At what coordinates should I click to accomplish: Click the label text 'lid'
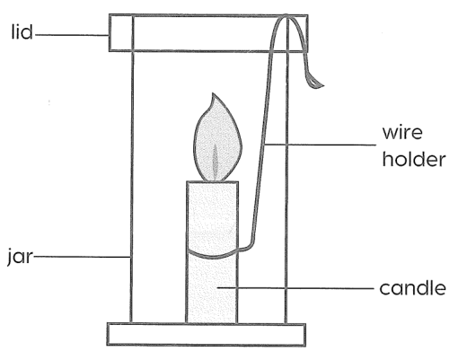pos(22,31)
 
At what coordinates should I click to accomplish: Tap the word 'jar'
pos(20,257)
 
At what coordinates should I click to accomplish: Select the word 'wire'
pos(402,132)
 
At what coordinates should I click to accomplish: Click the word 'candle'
pos(413,287)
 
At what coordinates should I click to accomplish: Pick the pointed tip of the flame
pos(213,93)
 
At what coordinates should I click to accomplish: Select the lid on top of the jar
pos(208,32)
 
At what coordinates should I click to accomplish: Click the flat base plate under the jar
pos(207,334)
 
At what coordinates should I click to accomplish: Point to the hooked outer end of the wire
pos(317,85)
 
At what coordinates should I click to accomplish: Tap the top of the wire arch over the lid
pos(286,15)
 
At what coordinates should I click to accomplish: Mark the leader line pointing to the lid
pos(72,35)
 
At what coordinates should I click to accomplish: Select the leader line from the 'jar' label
pos(82,257)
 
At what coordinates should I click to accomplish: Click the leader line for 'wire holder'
pos(321,145)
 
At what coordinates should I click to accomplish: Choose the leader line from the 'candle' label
pos(295,288)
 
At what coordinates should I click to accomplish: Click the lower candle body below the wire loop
pos(212,289)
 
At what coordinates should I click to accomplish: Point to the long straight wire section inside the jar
pos(262,150)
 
